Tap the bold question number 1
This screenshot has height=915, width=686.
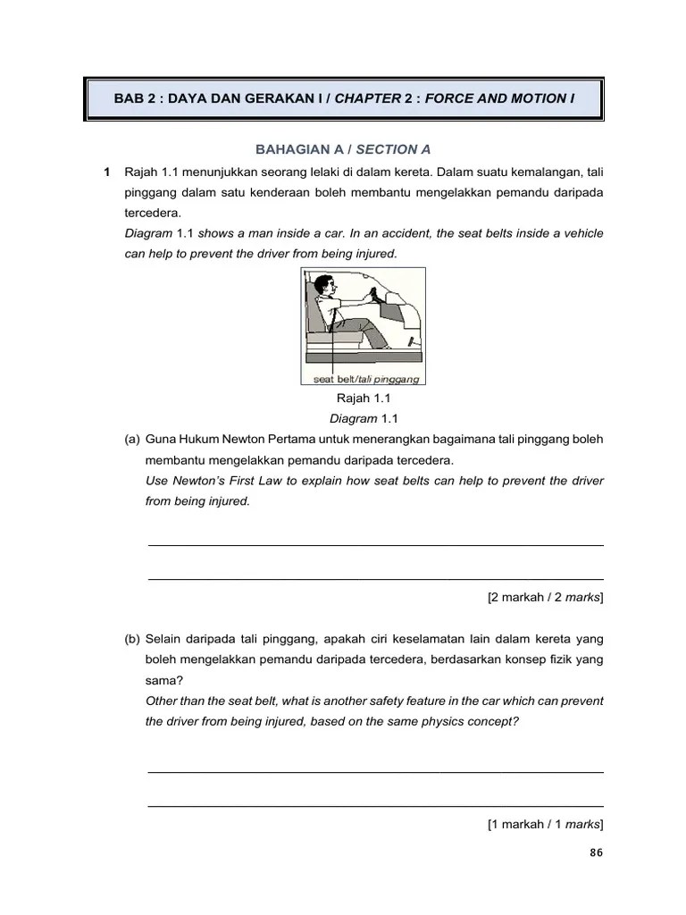coord(106,172)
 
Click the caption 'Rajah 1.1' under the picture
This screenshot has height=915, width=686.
coord(364,399)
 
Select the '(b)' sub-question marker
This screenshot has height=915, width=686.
coord(132,639)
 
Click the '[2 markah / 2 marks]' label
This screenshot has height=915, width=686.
coord(545,597)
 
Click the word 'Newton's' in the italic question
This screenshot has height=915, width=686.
coord(198,481)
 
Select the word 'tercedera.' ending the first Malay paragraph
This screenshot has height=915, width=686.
coord(153,214)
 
